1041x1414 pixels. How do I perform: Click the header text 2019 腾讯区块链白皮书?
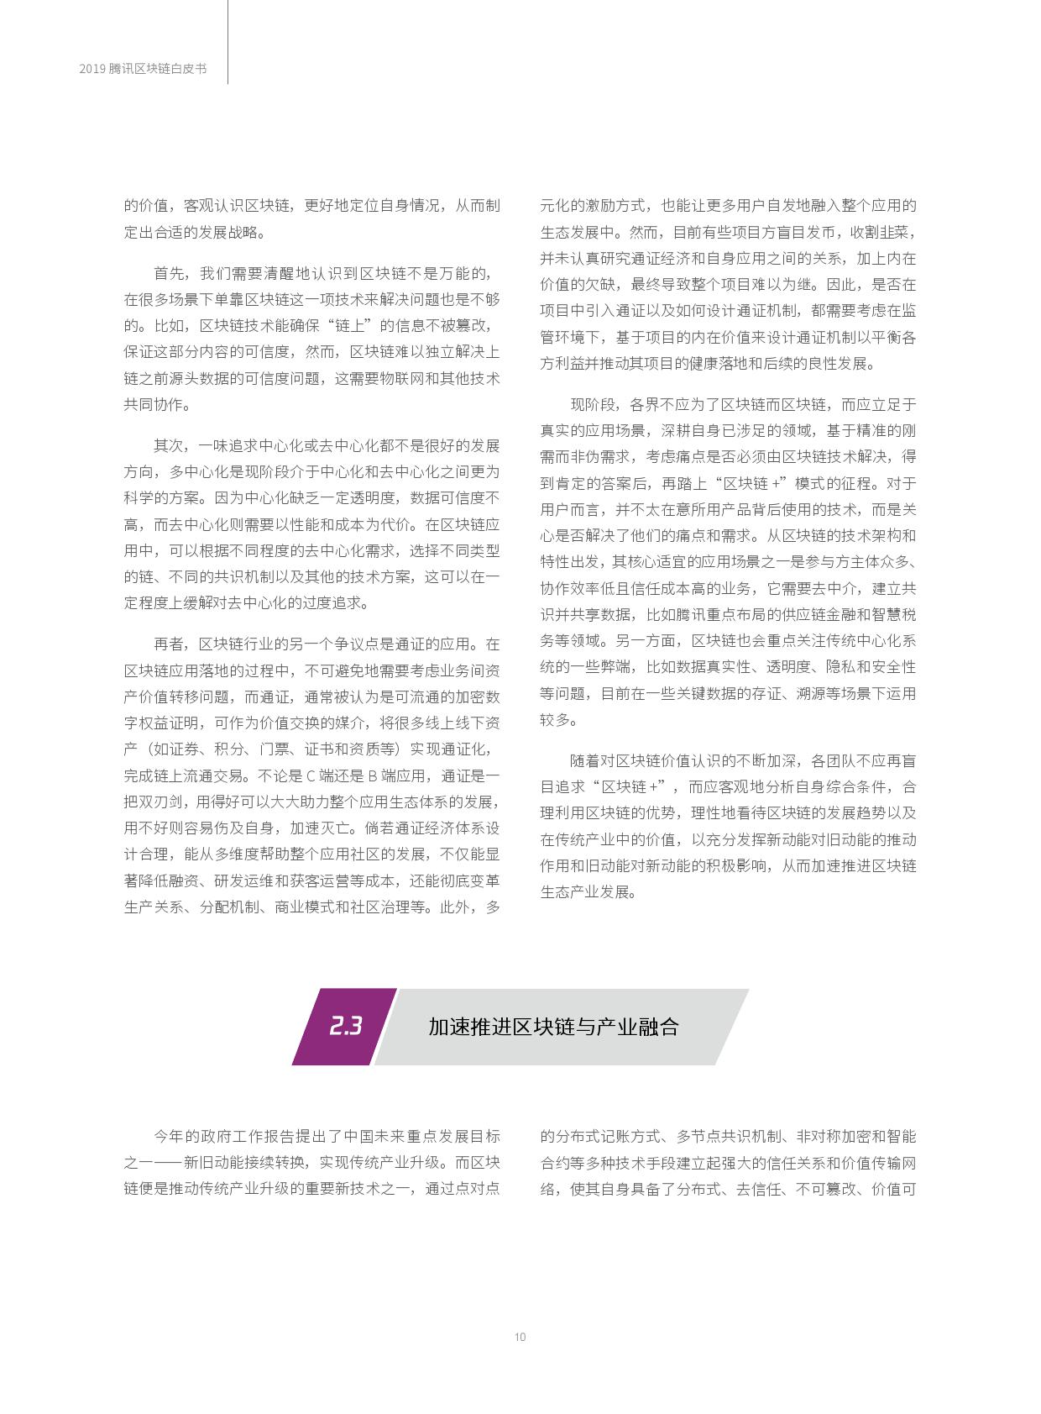click(143, 70)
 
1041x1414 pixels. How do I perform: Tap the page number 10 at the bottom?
click(520, 1337)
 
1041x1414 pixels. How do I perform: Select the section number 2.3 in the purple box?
click(345, 1026)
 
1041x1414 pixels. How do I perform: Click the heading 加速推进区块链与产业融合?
click(553, 1027)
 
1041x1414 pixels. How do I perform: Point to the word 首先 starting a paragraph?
click(169, 274)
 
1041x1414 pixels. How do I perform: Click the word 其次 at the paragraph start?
click(169, 445)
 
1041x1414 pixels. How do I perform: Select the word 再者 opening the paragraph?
click(169, 644)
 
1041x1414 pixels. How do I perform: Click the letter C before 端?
click(310, 775)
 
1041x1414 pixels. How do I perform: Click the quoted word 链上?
click(353, 326)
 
